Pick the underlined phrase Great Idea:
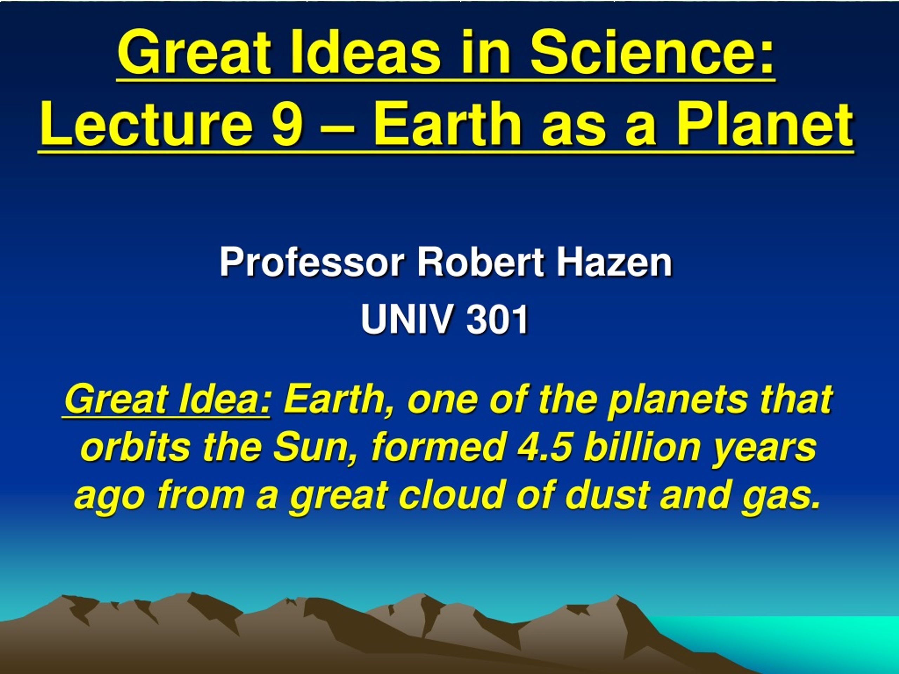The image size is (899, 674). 167,400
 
